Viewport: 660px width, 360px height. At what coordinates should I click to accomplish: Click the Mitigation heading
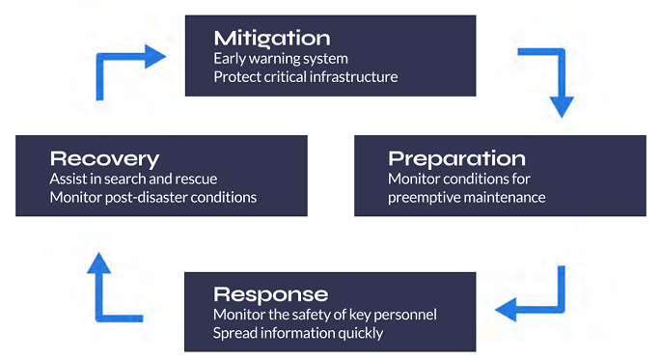click(272, 38)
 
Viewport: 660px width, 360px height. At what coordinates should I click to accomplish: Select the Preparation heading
click(456, 158)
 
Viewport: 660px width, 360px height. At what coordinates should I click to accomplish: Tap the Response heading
click(271, 293)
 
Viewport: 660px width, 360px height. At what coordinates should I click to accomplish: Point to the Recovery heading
click(104, 158)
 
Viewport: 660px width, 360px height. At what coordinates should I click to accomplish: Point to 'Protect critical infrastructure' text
click(305, 76)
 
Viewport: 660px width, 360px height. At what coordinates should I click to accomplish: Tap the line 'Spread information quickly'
click(298, 333)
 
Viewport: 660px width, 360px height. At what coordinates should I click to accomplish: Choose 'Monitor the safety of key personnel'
click(326, 315)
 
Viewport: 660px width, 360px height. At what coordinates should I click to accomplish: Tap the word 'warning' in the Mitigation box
click(275, 58)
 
